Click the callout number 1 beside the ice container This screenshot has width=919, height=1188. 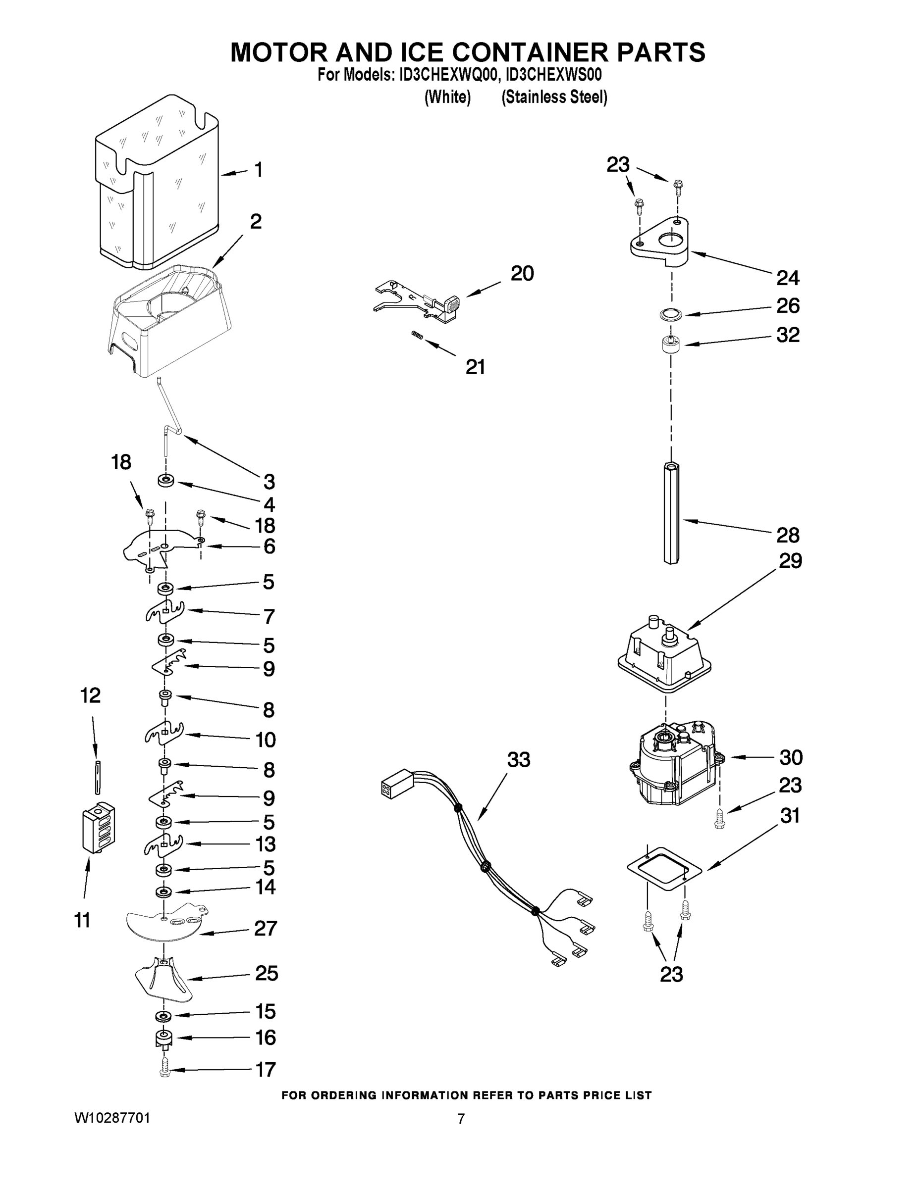coord(259,170)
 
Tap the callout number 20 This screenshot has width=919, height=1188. coord(522,273)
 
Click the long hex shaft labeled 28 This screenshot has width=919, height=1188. coord(671,513)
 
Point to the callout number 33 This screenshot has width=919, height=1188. coord(518,760)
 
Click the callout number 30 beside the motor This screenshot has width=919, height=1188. coord(791,757)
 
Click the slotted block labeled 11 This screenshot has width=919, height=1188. coord(99,827)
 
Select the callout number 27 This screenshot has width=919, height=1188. coord(266,928)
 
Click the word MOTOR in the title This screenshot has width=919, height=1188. coord(277,53)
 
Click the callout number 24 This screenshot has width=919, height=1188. coord(787,278)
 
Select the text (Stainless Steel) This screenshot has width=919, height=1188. coord(554,98)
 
